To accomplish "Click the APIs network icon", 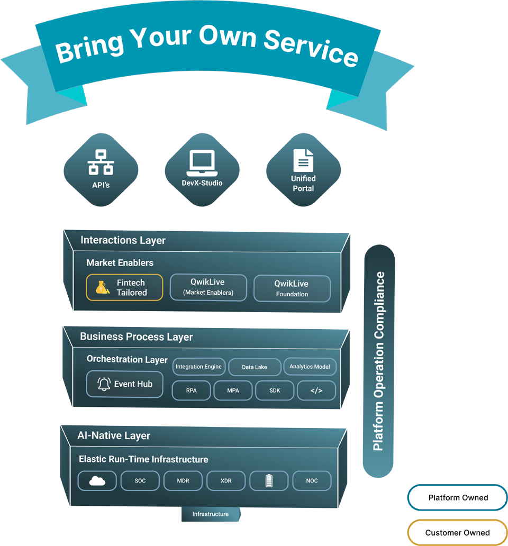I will click(x=101, y=162).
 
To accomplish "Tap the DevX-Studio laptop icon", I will click(x=202, y=163).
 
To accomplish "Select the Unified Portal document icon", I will click(x=303, y=160).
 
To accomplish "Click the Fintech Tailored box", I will click(x=124, y=287).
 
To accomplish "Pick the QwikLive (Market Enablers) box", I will click(x=208, y=287).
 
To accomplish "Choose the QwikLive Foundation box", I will click(x=292, y=288).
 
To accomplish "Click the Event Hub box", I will click(x=125, y=384).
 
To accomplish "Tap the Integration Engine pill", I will click(x=198, y=367).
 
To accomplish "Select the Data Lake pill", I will click(x=255, y=367).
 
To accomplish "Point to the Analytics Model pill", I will click(x=310, y=366).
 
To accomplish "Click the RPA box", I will click(x=191, y=390).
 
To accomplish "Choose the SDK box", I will click(x=275, y=390).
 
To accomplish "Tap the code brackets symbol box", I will click(x=316, y=390).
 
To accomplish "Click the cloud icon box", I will click(x=97, y=480).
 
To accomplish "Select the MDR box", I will click(x=183, y=480).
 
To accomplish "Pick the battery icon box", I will click(x=269, y=480).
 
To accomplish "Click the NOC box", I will click(x=312, y=480).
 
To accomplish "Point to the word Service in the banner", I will click(x=311, y=48).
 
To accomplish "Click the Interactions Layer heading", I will click(x=123, y=240).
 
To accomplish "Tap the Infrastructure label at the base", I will click(x=210, y=514).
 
